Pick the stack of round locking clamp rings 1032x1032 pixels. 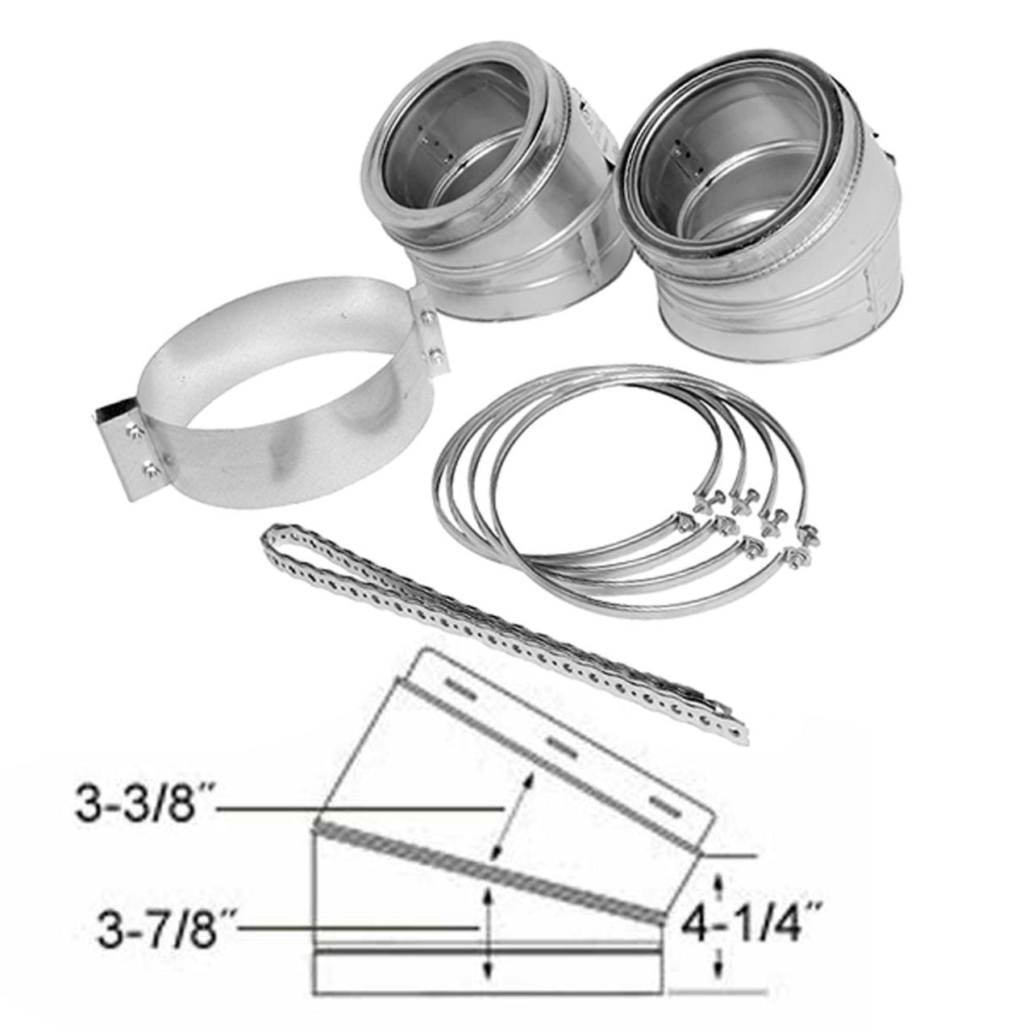tap(564, 476)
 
